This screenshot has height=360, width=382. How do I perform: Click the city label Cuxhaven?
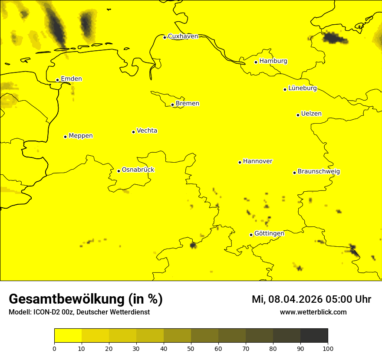click(183, 36)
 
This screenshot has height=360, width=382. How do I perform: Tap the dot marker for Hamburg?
click(256, 62)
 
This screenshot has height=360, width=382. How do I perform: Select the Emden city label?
click(71, 79)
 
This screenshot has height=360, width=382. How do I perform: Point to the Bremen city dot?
click(172, 105)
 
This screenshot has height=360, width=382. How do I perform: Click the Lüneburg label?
click(302, 88)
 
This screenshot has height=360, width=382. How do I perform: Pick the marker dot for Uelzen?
click(298, 115)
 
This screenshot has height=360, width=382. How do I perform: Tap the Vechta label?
click(147, 131)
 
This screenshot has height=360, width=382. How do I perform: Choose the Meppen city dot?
click(66, 137)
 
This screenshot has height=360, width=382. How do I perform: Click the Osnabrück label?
click(138, 170)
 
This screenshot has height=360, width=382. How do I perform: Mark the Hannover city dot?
click(240, 163)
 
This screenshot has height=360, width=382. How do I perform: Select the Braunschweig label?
click(319, 172)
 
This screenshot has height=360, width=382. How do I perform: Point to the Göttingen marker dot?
click(251, 235)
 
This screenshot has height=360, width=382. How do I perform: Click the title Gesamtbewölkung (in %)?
click(86, 299)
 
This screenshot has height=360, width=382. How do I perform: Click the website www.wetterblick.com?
click(313, 312)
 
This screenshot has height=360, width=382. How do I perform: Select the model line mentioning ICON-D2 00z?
click(79, 312)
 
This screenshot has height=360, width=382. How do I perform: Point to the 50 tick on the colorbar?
click(191, 343)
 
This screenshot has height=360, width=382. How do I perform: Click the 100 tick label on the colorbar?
click(328, 349)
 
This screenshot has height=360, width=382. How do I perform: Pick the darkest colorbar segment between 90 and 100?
click(314, 336)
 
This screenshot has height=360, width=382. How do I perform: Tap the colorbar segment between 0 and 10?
click(68, 336)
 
